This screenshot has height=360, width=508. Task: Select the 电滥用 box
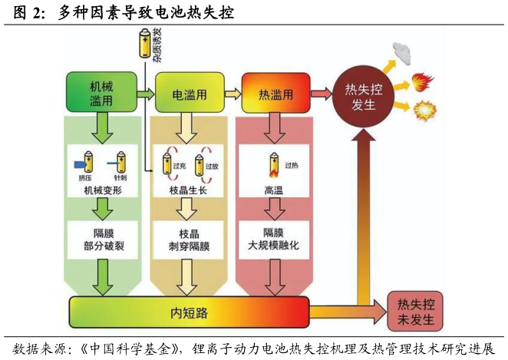pyautogui.click(x=189, y=94)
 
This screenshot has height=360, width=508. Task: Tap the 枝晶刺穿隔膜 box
pyautogui.click(x=189, y=239)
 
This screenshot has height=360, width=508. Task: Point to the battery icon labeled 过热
pyautogui.click(x=274, y=164)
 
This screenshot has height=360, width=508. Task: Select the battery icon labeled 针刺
pyautogui.click(x=120, y=162)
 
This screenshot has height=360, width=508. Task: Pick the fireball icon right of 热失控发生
pyautogui.click(x=423, y=81)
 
